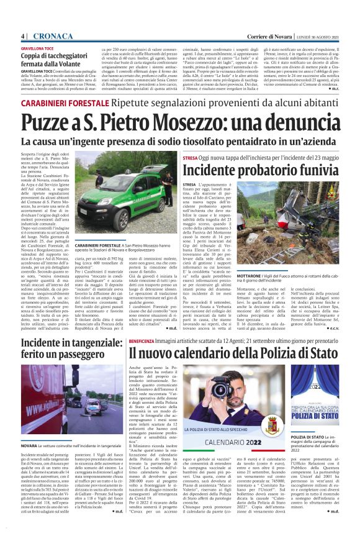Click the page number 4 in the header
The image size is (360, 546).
22,36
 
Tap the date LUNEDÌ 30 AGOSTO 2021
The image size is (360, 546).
319,37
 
